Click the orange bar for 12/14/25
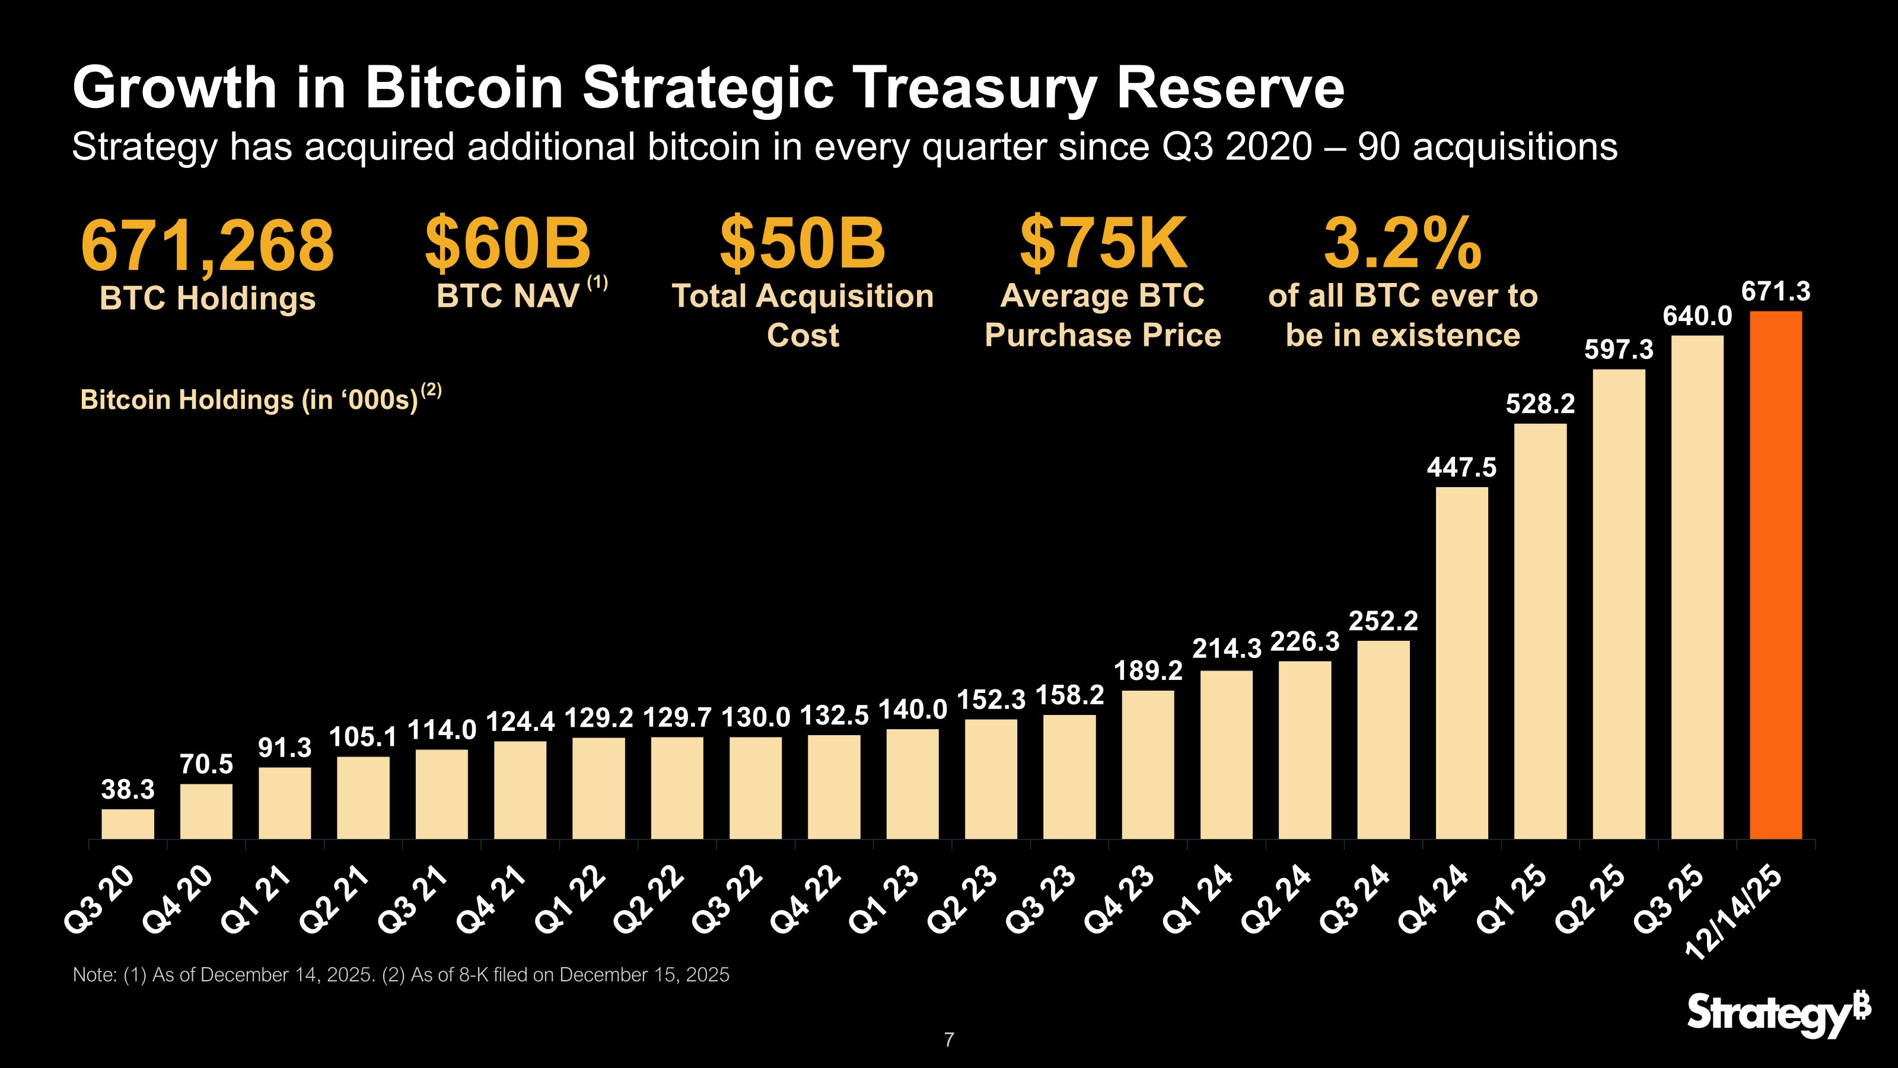(1776, 575)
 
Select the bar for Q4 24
(1462, 663)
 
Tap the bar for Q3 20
(128, 824)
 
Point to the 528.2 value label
(1540, 404)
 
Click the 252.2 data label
(1383, 621)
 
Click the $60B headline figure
(508, 243)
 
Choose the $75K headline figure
(1103, 243)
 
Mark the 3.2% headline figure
(1402, 243)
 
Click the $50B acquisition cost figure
(802, 243)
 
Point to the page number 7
(949, 1040)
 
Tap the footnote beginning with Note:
(401, 974)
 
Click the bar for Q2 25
(1619, 605)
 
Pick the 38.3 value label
(128, 789)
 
